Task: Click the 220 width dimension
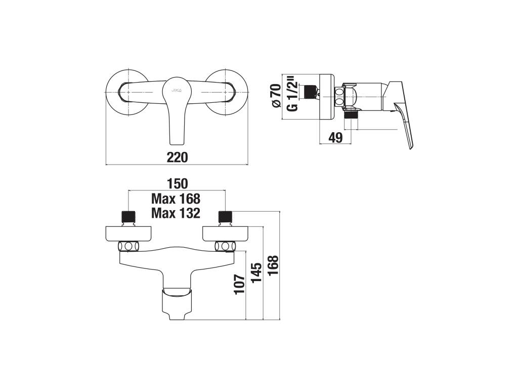coord(177,158)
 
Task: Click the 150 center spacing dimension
coord(177,183)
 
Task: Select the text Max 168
coord(176,199)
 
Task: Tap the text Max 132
coord(176,213)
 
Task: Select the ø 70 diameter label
coord(276,96)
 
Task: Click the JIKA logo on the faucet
coord(177,90)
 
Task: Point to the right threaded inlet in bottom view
coord(225,217)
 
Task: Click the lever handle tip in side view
coord(411,145)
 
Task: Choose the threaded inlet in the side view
coord(308,92)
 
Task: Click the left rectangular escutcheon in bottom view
coord(129,234)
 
